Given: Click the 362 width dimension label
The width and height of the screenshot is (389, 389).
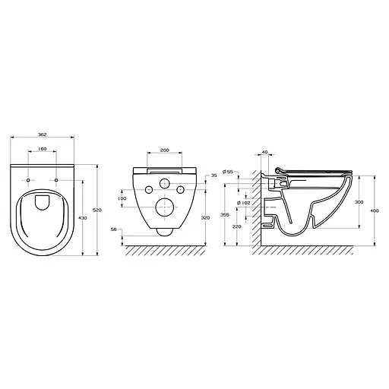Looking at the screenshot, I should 43,134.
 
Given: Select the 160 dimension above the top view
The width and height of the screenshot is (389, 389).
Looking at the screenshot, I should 43,149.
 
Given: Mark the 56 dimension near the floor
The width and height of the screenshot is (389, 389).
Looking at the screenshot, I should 114,229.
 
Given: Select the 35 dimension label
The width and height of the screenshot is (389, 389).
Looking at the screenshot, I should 213,176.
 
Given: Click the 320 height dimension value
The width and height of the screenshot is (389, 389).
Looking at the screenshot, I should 206,217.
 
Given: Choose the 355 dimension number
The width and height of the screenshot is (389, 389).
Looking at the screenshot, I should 225,215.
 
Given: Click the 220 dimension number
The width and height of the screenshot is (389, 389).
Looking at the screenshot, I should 238,226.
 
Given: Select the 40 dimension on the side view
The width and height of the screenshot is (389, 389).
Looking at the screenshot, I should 264,152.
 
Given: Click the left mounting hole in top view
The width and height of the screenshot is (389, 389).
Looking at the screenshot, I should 29,180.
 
